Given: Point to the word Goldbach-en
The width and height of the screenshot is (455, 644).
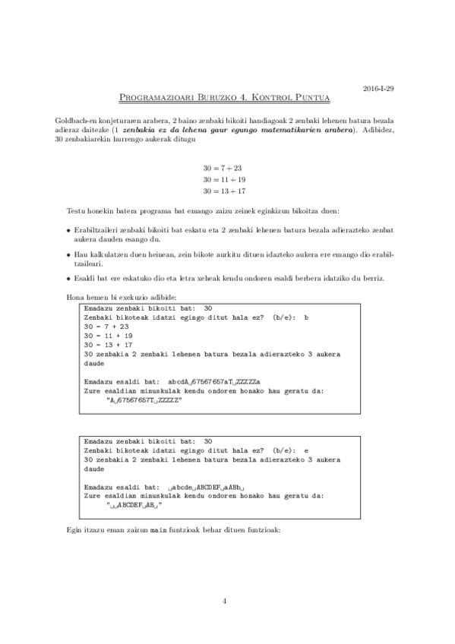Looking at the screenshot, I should click(74, 122).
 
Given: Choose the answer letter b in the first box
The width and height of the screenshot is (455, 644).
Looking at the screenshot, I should click(306, 317).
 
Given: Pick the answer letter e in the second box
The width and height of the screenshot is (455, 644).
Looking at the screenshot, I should click(306, 450).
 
